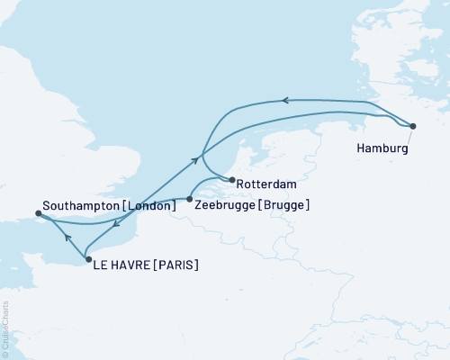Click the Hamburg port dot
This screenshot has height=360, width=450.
(x=413, y=126)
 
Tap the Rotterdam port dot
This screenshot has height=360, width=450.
(x=232, y=179)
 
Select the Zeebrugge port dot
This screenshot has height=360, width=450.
(x=189, y=198)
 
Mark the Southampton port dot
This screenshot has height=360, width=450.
(x=38, y=213)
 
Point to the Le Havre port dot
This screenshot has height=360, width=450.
(x=87, y=259)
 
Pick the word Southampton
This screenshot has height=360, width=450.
(x=78, y=206)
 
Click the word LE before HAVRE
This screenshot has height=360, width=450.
(x=102, y=265)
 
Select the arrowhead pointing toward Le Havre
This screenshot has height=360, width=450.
(x=117, y=226)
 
